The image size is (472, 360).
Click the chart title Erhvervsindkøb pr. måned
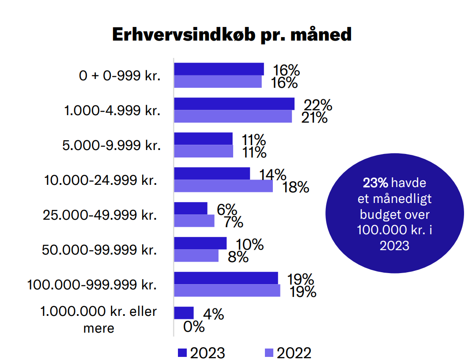pyautogui.click(x=232, y=34)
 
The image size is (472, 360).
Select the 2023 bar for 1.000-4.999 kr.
pyautogui.click(x=234, y=104)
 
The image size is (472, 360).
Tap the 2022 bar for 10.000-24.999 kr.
pyautogui.click(x=223, y=186)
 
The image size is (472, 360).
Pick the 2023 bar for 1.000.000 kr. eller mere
pyautogui.click(x=184, y=313)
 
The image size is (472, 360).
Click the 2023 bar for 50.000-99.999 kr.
pyautogui.click(x=200, y=244)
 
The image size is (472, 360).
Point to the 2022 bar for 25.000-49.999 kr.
pyautogui.click(x=194, y=221)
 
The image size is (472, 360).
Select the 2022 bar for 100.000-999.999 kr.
pyautogui.click(x=227, y=290)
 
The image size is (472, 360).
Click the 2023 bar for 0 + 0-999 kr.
pyautogui.click(x=219, y=69)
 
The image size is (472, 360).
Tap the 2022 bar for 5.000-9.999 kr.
pyautogui.click(x=203, y=151)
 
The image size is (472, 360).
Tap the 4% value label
pyautogui.click(x=213, y=314)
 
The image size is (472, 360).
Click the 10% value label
pyautogui.click(x=250, y=244)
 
